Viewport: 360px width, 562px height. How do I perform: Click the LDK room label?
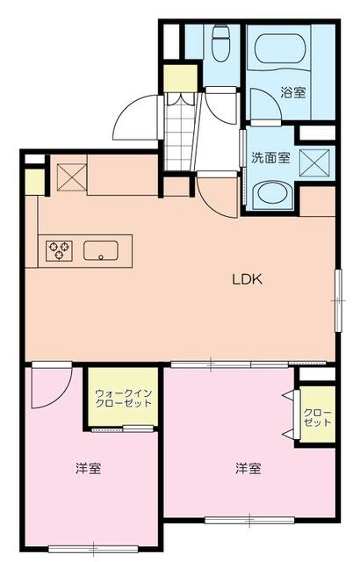coord(248,279)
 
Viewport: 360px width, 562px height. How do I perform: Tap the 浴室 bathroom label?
coord(293,92)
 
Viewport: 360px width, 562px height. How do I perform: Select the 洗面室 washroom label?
coord(270,157)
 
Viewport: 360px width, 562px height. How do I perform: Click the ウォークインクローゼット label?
coord(124,398)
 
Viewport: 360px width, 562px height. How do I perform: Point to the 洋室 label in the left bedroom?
coord(88,468)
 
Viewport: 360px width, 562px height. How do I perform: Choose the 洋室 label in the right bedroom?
coord(248,468)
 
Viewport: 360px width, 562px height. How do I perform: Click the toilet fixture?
coord(220,43)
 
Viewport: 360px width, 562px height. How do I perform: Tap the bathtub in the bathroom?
coord(280,49)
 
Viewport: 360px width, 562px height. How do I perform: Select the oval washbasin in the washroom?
coord(272,194)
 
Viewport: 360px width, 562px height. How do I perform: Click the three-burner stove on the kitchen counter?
coord(59,250)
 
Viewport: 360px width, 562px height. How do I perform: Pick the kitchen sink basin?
coord(101,250)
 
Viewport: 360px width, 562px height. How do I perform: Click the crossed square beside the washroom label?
coord(314,162)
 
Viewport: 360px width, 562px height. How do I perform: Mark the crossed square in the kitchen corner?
coord(72,177)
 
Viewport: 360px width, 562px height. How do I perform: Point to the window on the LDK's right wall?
coord(338,300)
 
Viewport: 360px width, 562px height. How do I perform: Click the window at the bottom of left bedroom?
coord(93,548)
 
